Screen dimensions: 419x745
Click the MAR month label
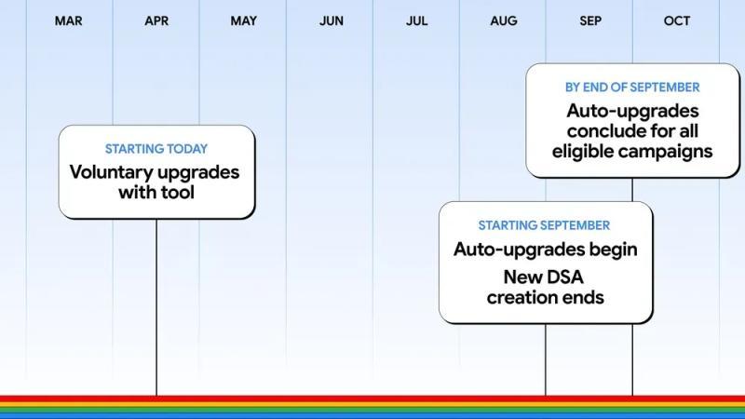tap(68, 20)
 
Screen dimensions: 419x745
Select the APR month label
tap(156, 20)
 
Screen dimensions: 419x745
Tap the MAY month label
tap(244, 20)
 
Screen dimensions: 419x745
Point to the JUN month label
tap(331, 20)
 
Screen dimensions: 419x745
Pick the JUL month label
tap(416, 20)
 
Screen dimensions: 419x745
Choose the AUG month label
tap(504, 20)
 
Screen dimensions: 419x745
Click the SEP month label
tap(590, 20)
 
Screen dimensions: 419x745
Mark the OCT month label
tap(677, 20)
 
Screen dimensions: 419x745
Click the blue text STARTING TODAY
tap(156, 149)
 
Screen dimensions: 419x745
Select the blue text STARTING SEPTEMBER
tap(545, 225)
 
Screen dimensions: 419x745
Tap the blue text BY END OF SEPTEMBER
tap(632, 88)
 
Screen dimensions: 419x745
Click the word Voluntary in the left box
tap(109, 172)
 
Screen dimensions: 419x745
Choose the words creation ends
tap(545, 297)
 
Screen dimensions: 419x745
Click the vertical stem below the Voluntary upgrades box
tap(156, 307)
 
